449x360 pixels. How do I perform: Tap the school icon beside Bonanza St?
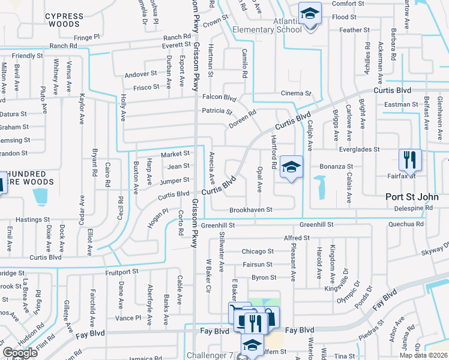point(291,167)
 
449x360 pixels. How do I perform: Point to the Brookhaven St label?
point(251,210)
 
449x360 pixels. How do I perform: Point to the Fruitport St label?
point(121,271)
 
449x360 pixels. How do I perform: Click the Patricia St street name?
point(217,111)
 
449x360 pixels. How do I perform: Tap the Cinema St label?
point(297,94)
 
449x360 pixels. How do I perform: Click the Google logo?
point(20,353)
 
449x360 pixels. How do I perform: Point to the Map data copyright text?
point(423,355)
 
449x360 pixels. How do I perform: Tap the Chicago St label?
point(258,251)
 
